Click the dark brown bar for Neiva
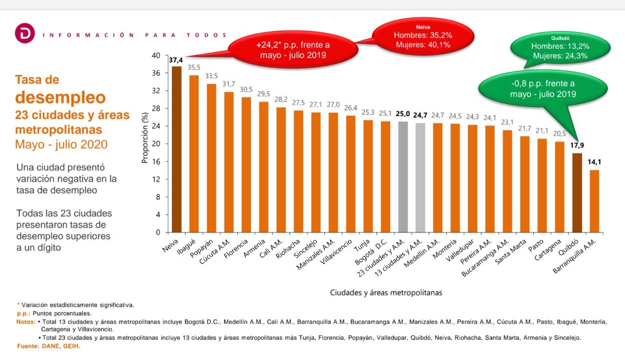point(176,149)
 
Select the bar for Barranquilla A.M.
point(594,201)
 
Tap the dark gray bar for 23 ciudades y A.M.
point(403,177)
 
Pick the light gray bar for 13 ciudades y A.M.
point(420,177)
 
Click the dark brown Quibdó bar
point(577,192)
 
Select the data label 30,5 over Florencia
point(246,90)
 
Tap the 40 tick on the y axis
point(156,56)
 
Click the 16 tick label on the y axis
point(156,162)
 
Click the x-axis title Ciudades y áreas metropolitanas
point(386,293)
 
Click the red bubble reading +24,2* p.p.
point(293,50)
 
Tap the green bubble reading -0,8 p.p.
point(542,88)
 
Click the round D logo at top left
point(22,35)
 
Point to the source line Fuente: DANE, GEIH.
point(48,346)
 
